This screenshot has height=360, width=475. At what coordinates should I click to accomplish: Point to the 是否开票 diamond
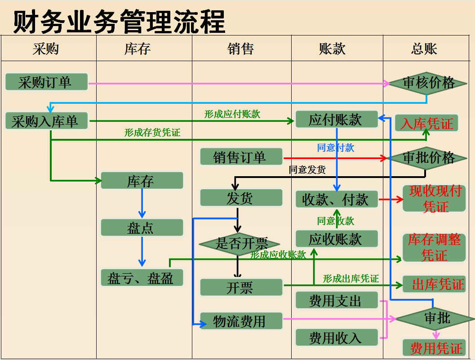click(240, 244)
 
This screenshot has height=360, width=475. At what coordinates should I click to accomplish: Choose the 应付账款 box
click(336, 120)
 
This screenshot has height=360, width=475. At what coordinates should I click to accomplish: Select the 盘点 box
click(142, 228)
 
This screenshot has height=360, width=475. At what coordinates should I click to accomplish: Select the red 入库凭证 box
click(426, 124)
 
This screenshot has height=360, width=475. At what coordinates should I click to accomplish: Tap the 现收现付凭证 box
click(434, 199)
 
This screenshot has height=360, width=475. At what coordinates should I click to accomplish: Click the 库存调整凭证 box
click(434, 247)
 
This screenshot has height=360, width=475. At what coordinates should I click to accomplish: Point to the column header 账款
click(333, 49)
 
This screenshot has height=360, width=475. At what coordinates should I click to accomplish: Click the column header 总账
click(424, 49)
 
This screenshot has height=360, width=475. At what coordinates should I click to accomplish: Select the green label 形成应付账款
click(232, 114)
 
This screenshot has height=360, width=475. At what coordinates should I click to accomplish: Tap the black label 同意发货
click(307, 170)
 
